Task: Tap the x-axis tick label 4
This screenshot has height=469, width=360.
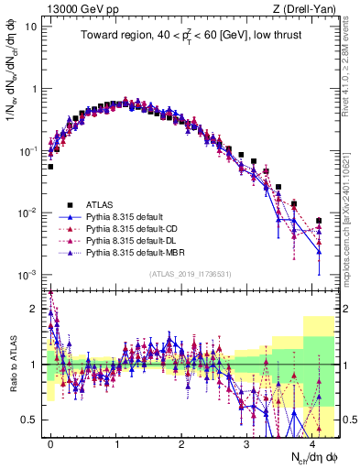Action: pyautogui.click(x=312, y=442)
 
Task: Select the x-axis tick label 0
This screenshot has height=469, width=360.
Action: pyautogui.click(x=50, y=442)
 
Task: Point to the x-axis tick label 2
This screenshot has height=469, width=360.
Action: pyautogui.click(x=181, y=442)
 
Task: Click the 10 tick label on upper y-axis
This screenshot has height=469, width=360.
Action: pyautogui.click(x=31, y=26)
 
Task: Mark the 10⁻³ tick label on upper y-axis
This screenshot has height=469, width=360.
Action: pyautogui.click(x=28, y=275)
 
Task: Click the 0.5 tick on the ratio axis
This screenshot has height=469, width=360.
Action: pyautogui.click(x=30, y=420)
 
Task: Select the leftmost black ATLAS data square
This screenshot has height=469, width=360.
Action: pyautogui.click(x=50, y=167)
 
